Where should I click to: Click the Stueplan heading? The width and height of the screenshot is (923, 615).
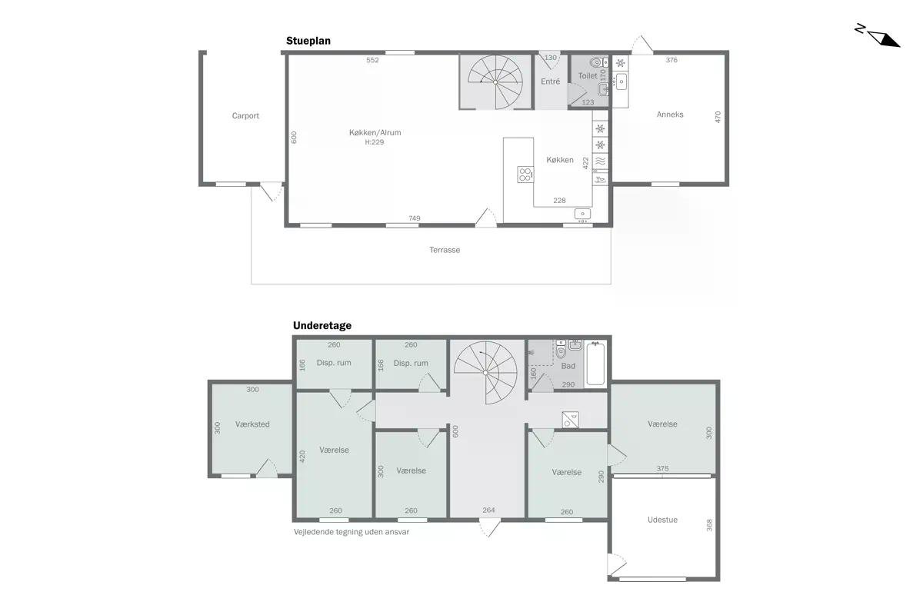[308, 41]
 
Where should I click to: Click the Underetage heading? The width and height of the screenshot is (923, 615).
[322, 325]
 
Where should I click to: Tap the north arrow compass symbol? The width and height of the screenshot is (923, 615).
[878, 36]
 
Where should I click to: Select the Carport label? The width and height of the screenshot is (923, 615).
[245, 116]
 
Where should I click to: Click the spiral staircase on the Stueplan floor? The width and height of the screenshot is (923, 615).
[495, 82]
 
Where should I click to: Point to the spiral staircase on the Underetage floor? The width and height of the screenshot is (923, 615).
[486, 373]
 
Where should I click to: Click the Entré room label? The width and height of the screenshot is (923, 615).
[551, 81]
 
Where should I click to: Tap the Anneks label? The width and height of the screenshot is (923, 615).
[670, 115]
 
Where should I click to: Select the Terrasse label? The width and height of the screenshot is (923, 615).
[445, 250]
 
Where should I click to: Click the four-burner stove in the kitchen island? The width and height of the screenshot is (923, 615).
[525, 175]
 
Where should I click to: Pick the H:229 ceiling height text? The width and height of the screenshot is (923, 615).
[374, 142]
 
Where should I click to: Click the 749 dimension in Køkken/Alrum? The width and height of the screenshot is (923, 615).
[415, 218]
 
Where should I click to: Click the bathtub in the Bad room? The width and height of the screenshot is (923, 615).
[595, 364]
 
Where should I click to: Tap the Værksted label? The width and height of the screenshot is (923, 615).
[252, 424]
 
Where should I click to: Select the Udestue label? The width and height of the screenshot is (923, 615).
[662, 520]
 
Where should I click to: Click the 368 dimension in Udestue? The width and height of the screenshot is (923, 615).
[709, 525]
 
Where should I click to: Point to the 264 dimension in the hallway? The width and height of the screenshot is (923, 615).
[488, 510]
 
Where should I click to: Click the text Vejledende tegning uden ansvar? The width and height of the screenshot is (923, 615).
[352, 532]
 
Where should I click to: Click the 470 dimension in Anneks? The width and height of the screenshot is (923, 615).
[718, 117]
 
